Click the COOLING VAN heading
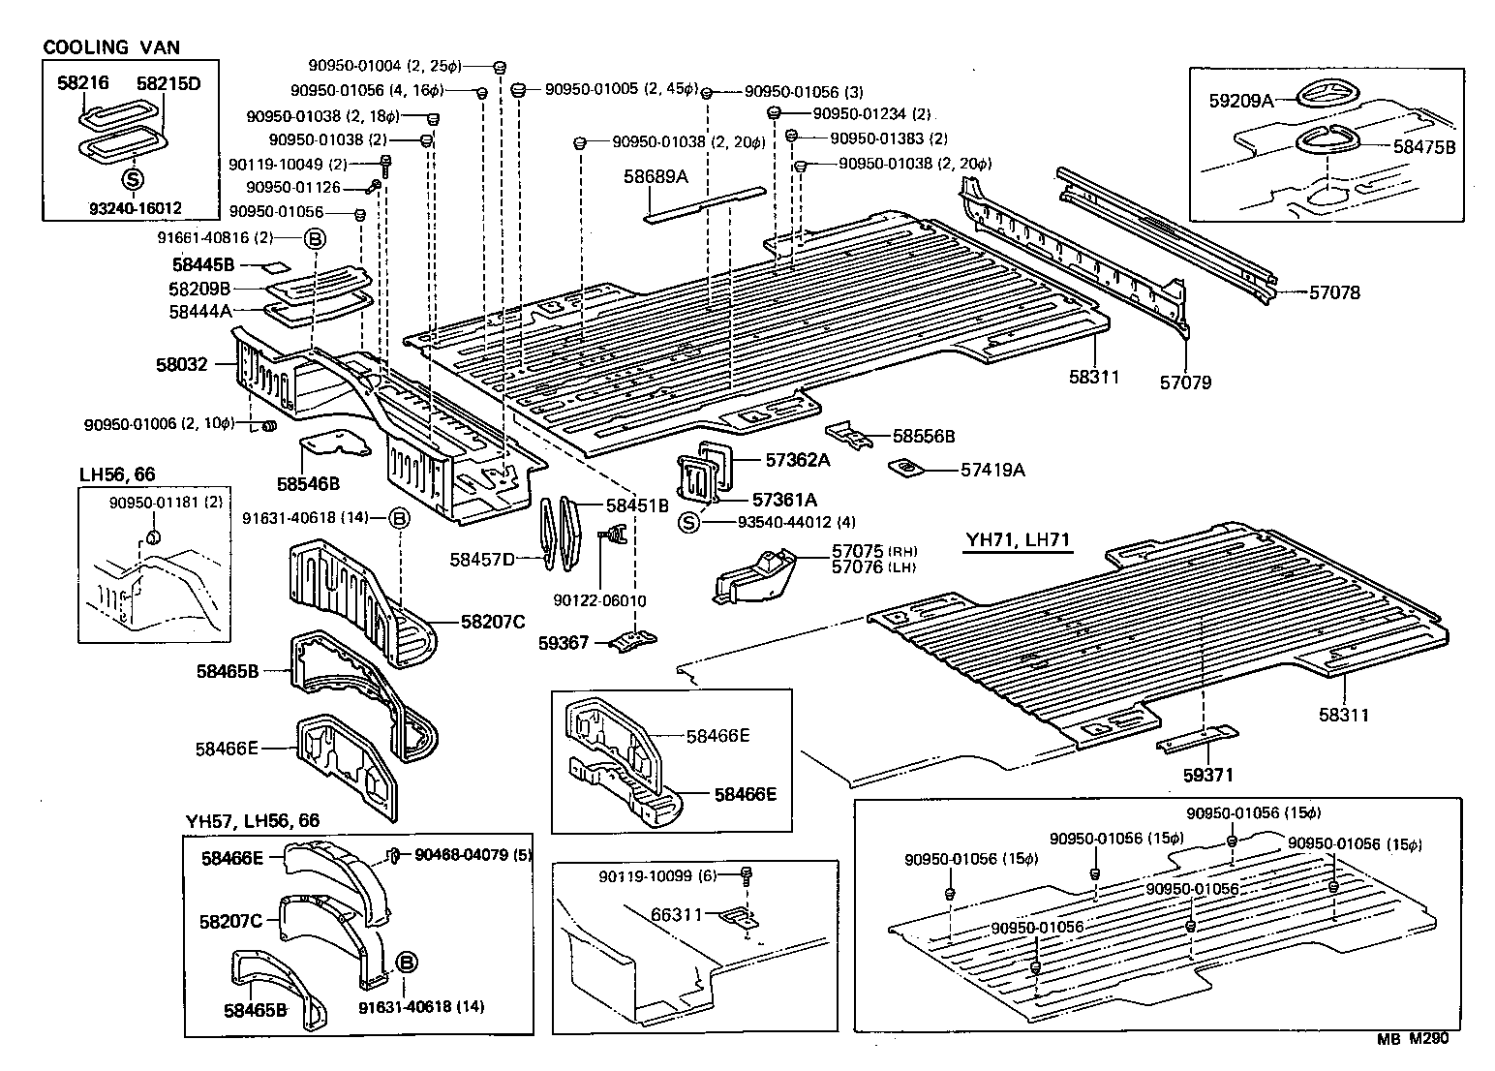click(x=111, y=46)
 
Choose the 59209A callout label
click(x=1240, y=99)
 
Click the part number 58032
click(x=182, y=364)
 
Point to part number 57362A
click(x=798, y=460)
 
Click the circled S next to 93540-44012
click(x=688, y=523)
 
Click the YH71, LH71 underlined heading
click(x=1017, y=539)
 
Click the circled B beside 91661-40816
click(x=317, y=238)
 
